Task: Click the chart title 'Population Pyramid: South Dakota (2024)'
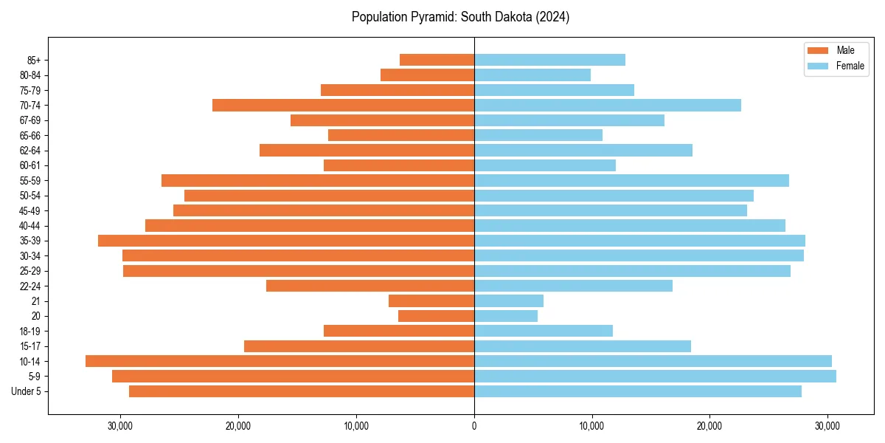click(460, 17)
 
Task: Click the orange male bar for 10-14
click(280, 361)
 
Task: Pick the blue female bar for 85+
click(549, 60)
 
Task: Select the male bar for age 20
click(436, 316)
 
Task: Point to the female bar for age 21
click(509, 301)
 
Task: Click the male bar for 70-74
click(343, 105)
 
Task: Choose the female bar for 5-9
click(655, 376)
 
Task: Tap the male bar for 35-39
click(286, 241)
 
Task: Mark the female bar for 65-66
click(538, 135)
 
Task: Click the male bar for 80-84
click(427, 75)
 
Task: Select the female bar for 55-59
click(631, 180)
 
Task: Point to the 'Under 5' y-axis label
click(26, 391)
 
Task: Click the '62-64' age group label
click(29, 151)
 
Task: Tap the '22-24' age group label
click(29, 286)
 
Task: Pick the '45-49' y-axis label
click(29, 210)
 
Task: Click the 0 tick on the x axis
click(474, 425)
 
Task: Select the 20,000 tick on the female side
click(709, 425)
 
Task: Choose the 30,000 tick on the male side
click(120, 425)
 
